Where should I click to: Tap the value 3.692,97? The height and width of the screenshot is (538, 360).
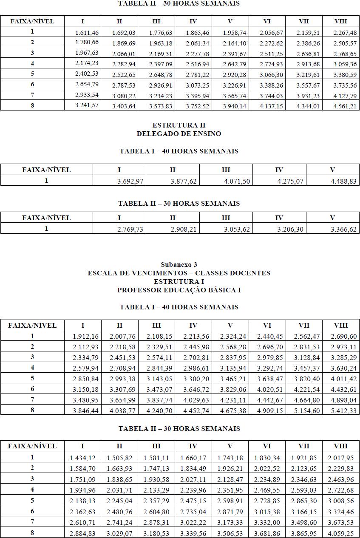coord(131,181)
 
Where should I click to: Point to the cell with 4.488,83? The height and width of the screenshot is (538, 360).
coord(345,181)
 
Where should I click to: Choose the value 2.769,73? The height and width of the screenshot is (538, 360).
coord(131,229)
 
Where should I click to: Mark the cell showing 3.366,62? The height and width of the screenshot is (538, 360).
coord(345,229)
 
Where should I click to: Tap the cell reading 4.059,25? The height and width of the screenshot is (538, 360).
coord(344,532)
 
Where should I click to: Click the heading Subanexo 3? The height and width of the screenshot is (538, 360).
coord(179,265)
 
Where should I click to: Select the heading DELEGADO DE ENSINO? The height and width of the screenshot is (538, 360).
coord(179,133)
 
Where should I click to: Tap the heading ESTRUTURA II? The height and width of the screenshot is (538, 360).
coord(179,125)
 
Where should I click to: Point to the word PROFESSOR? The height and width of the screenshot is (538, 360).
coord(136,290)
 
